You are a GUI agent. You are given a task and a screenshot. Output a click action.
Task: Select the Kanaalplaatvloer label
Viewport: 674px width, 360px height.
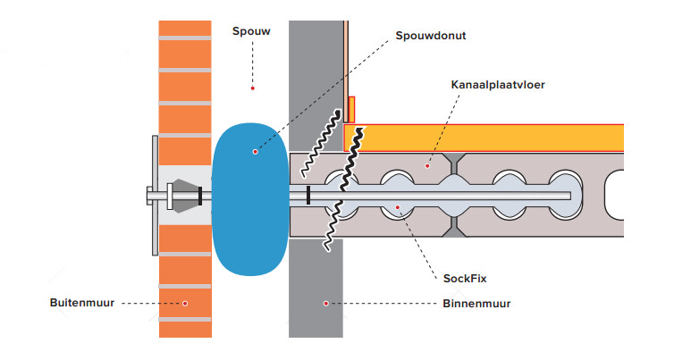[499, 86]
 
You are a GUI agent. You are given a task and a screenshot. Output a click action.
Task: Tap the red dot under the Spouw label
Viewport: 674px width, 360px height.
[253, 88]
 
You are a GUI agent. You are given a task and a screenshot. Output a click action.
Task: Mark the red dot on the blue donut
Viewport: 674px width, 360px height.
[255, 151]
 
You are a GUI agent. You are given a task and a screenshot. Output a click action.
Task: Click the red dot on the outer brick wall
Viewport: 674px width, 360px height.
[185, 304]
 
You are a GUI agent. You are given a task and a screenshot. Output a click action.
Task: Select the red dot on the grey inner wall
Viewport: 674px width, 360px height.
[326, 304]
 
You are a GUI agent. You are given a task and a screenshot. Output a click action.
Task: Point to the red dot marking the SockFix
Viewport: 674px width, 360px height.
[399, 207]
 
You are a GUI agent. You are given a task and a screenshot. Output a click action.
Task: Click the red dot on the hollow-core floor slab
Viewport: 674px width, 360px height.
[427, 164]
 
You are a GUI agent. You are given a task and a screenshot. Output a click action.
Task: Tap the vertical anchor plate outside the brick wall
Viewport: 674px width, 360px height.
[155, 195]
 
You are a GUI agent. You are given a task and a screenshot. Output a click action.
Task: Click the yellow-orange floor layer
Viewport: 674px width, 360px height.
[492, 137]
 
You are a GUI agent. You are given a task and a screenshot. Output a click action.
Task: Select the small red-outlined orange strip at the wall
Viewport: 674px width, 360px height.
[351, 109]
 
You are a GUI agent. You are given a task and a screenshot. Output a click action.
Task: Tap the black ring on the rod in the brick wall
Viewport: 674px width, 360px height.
[199, 196]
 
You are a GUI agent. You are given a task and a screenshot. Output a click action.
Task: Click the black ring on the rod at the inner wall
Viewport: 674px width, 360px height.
[308, 196]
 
